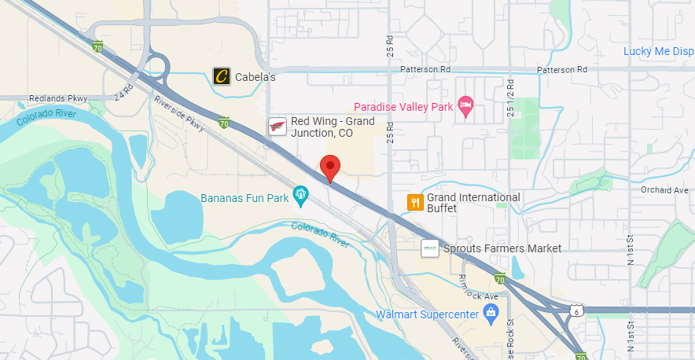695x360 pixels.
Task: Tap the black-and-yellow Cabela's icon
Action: [x=222, y=76]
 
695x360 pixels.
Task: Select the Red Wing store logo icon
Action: [x=278, y=127]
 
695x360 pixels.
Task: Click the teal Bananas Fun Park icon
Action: [x=300, y=194]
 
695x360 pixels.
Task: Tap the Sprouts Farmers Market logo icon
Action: [x=430, y=248]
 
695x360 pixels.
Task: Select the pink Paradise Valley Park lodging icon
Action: [x=465, y=107]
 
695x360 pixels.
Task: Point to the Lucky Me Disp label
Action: [x=658, y=52]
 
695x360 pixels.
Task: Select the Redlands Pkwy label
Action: [x=57, y=98]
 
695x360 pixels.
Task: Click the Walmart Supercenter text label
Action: [x=427, y=315]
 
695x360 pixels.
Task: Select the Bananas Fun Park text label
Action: [x=245, y=198]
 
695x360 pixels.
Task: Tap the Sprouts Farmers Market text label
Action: [x=502, y=248]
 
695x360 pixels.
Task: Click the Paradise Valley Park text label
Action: [x=403, y=107]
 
